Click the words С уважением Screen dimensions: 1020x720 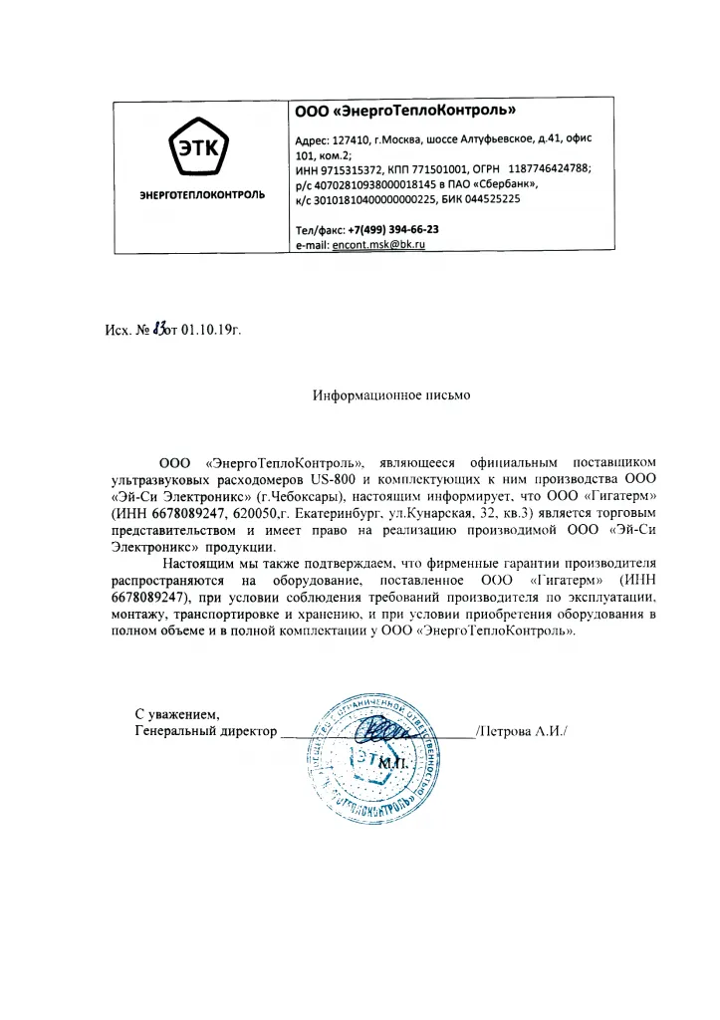pos(175,714)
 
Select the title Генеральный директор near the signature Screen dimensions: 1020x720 pos(205,732)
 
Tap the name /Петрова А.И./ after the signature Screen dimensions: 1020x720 pos(522,732)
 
